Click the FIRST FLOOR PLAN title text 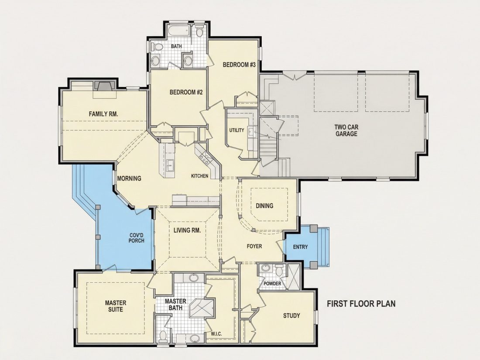[x=361, y=304]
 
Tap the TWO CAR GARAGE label [x=346, y=130]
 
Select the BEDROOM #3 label [x=239, y=65]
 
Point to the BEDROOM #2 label [x=186, y=92]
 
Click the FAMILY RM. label [x=103, y=114]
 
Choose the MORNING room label [x=129, y=178]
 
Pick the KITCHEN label [x=199, y=176]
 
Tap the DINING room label [x=264, y=206]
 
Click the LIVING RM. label [x=187, y=230]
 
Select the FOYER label [x=254, y=246]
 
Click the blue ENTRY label [x=300, y=247]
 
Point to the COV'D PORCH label [x=136, y=238]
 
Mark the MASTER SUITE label [x=115, y=306]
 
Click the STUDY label [x=291, y=315]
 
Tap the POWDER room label [x=272, y=284]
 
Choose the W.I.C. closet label [x=216, y=334]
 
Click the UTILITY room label [x=237, y=130]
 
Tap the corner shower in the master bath [x=202, y=308]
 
